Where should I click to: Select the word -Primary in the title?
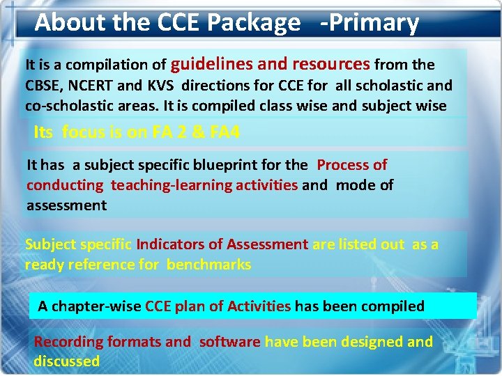click(x=370, y=24)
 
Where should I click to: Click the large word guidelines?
click(x=212, y=64)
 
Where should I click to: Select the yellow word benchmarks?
click(x=208, y=265)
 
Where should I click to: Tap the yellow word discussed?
click(x=67, y=361)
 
